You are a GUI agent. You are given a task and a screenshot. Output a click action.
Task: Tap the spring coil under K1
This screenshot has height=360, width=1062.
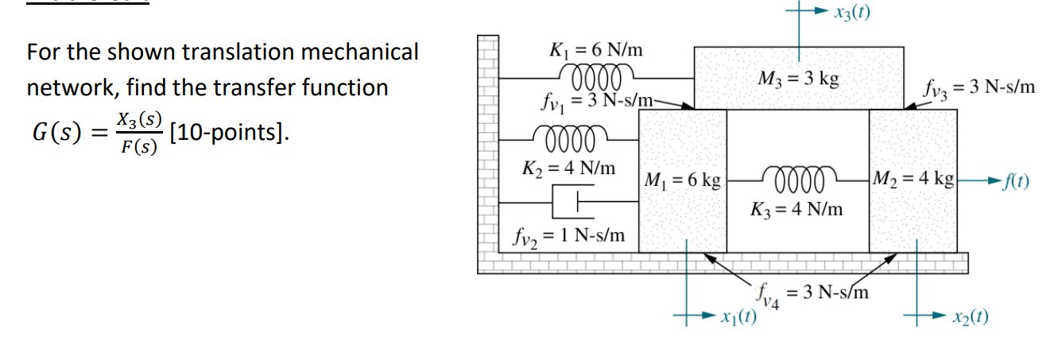coord(595,78)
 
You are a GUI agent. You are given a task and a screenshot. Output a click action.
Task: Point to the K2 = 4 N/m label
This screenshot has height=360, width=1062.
coord(568,168)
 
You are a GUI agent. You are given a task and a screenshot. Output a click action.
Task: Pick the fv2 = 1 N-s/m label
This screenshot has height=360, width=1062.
coord(568,235)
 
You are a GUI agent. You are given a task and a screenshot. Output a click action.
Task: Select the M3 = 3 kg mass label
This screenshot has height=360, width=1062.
coord(798,79)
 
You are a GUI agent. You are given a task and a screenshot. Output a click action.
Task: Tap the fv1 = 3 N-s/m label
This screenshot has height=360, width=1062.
coord(595,101)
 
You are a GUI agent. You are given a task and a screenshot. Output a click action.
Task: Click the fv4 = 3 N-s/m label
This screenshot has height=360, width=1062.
coord(813,293)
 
